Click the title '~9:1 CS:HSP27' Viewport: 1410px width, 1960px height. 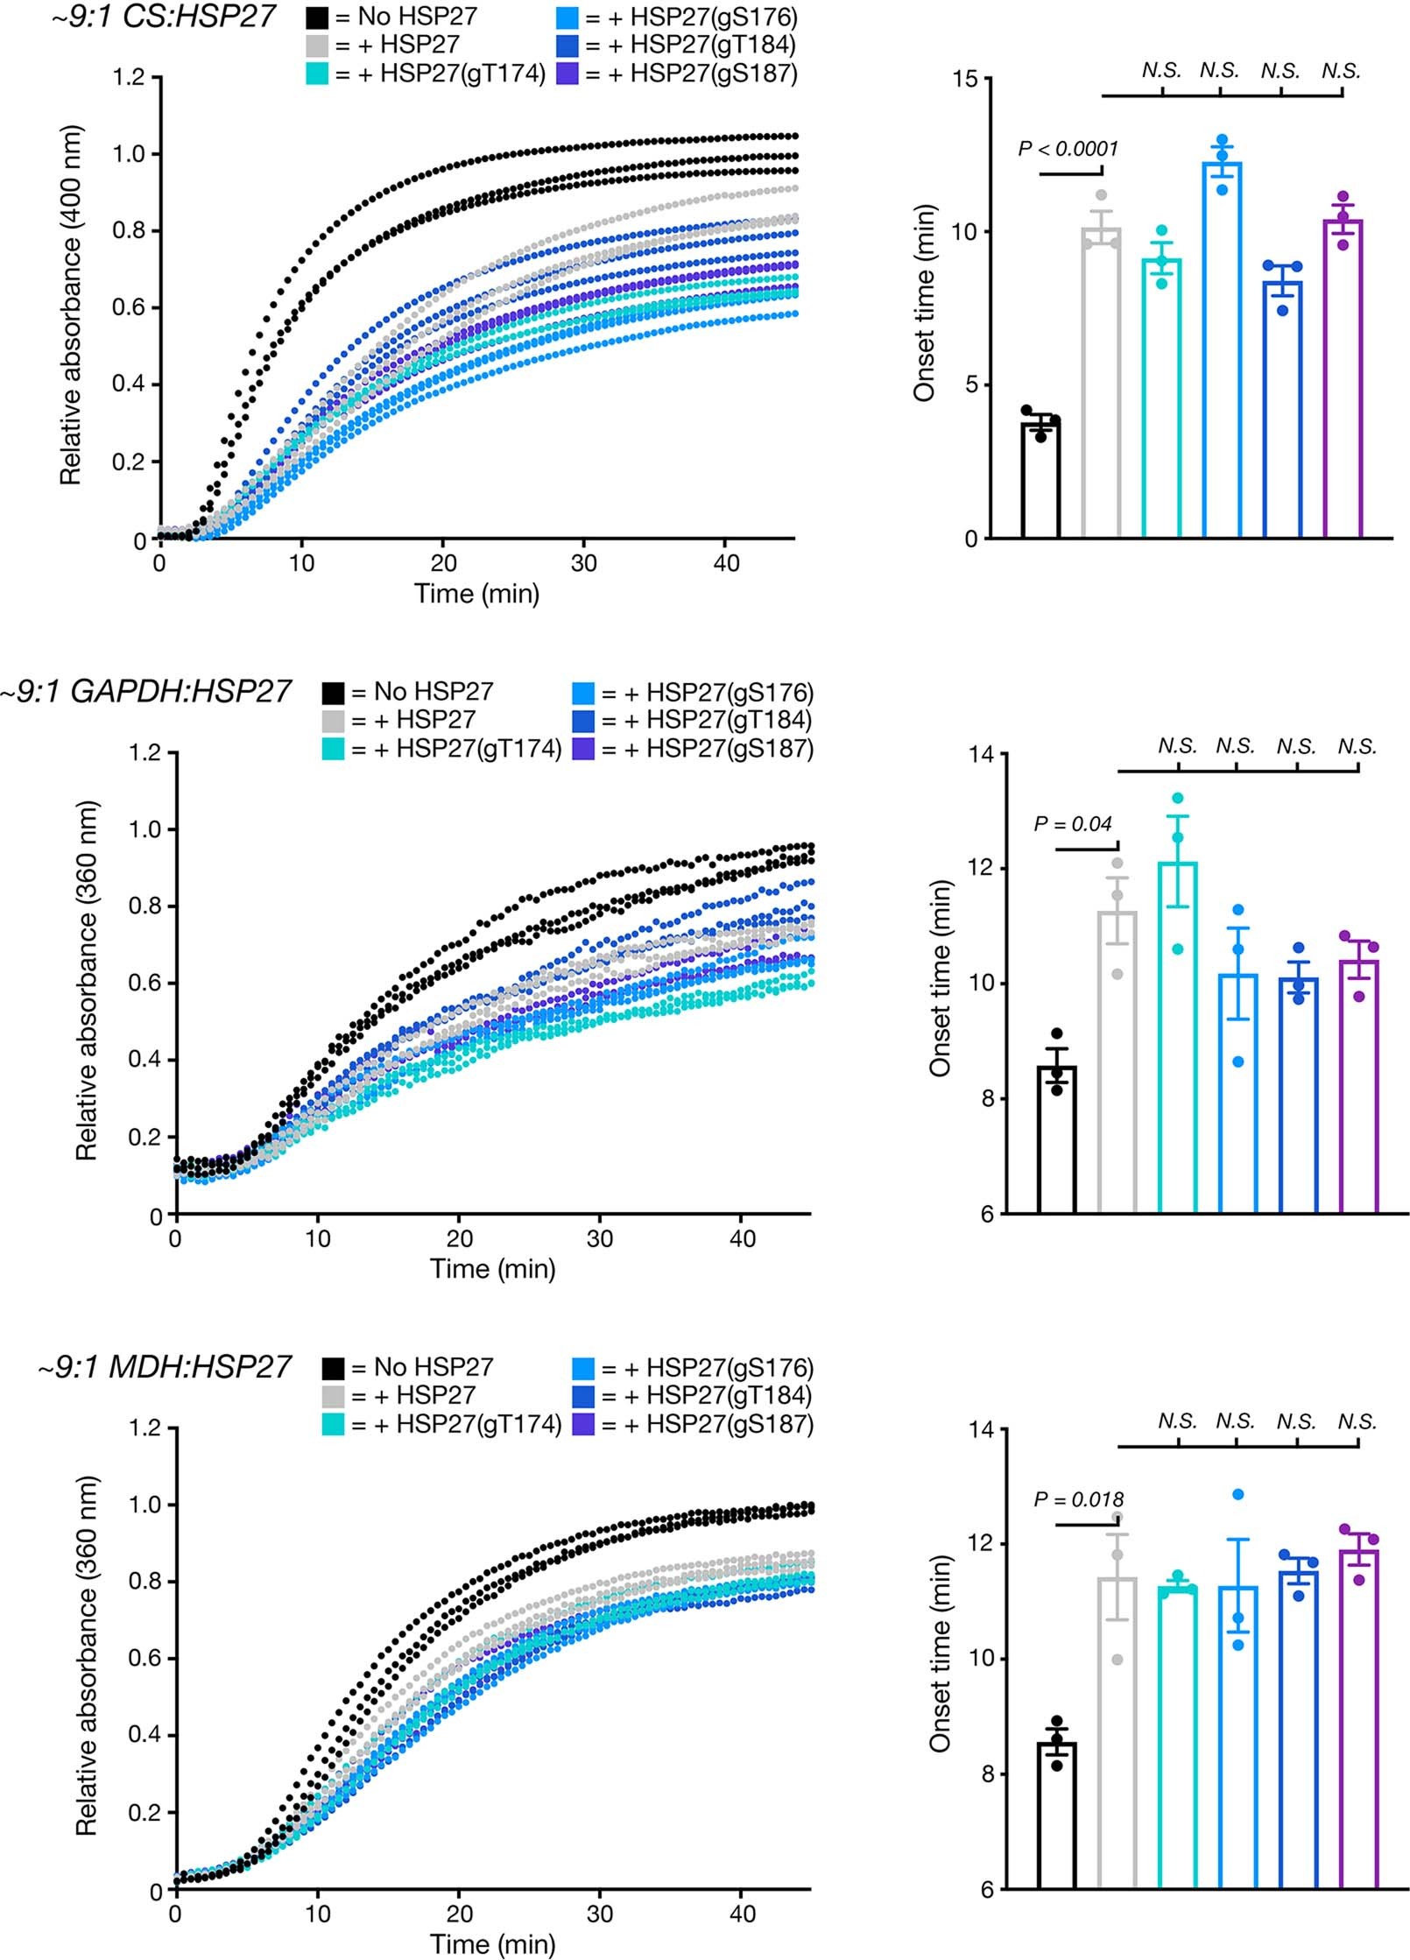pyautogui.click(x=163, y=17)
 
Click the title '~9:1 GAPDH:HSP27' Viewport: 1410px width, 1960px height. pyautogui.click(x=145, y=692)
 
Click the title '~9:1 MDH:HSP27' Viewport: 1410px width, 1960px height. pyautogui.click(x=164, y=1367)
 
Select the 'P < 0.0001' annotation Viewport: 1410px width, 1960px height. pyautogui.click(x=1068, y=150)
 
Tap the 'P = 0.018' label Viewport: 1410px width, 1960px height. pyautogui.click(x=1078, y=1500)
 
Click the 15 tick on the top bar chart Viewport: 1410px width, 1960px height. pyautogui.click(x=965, y=80)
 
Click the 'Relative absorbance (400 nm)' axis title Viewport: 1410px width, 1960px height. pyautogui.click(x=70, y=305)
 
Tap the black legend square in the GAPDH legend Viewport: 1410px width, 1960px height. pyautogui.click(x=333, y=693)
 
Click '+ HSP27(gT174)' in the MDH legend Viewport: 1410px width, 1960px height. pyautogui.click(x=478, y=1424)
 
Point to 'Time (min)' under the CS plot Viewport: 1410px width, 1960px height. pyautogui.click(x=476, y=594)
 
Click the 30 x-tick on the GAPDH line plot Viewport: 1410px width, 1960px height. pyautogui.click(x=600, y=1238)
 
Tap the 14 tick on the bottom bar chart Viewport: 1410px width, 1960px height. pyautogui.click(x=982, y=1430)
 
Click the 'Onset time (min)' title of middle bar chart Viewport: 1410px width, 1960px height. pyautogui.click(x=941, y=978)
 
